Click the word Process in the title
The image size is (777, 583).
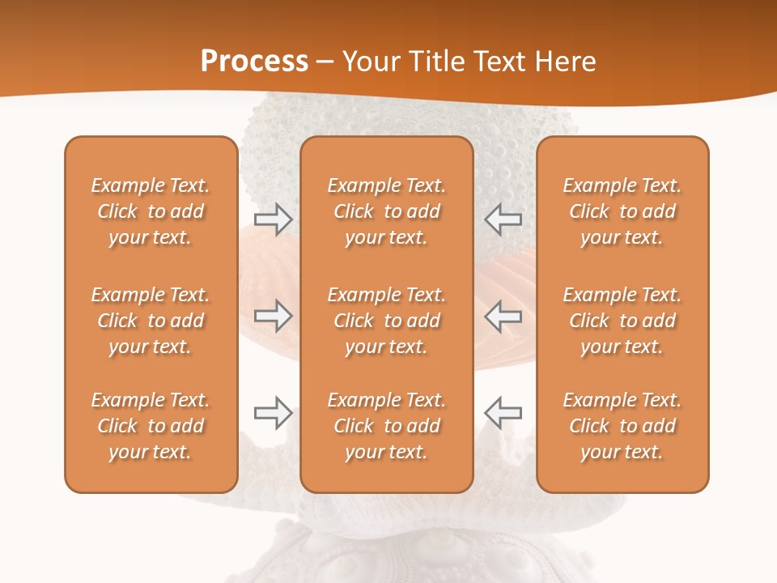254,62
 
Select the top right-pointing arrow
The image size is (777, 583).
273,219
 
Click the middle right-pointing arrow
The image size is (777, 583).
273,315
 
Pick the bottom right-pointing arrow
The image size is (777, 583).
273,413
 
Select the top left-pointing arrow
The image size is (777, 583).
503,219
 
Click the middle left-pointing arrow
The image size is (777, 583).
503,315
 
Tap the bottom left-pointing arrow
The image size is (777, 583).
503,413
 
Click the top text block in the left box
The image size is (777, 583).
151,211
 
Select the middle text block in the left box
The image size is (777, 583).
151,321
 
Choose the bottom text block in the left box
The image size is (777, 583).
151,426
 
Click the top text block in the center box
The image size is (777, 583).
387,211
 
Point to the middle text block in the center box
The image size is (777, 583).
387,321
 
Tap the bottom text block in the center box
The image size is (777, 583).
387,426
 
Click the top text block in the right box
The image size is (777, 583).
622,211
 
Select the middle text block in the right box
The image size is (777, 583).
622,321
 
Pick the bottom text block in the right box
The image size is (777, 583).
622,426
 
